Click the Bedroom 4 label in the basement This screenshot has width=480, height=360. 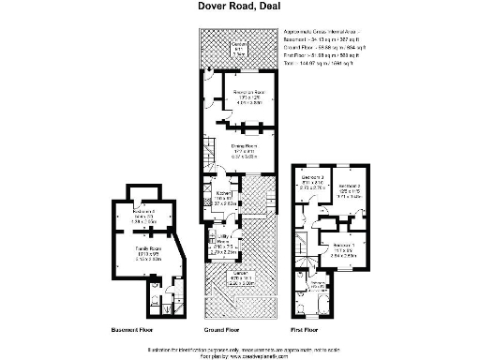click(143, 216)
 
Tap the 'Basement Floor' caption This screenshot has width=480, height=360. click(131, 331)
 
